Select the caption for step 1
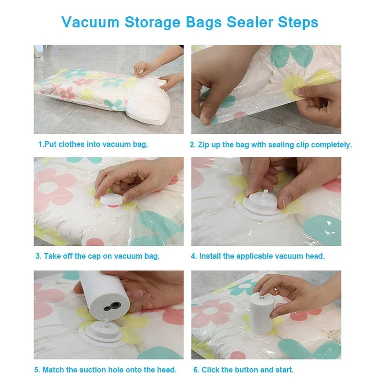(x=93, y=144)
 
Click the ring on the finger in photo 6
(x=276, y=291)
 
